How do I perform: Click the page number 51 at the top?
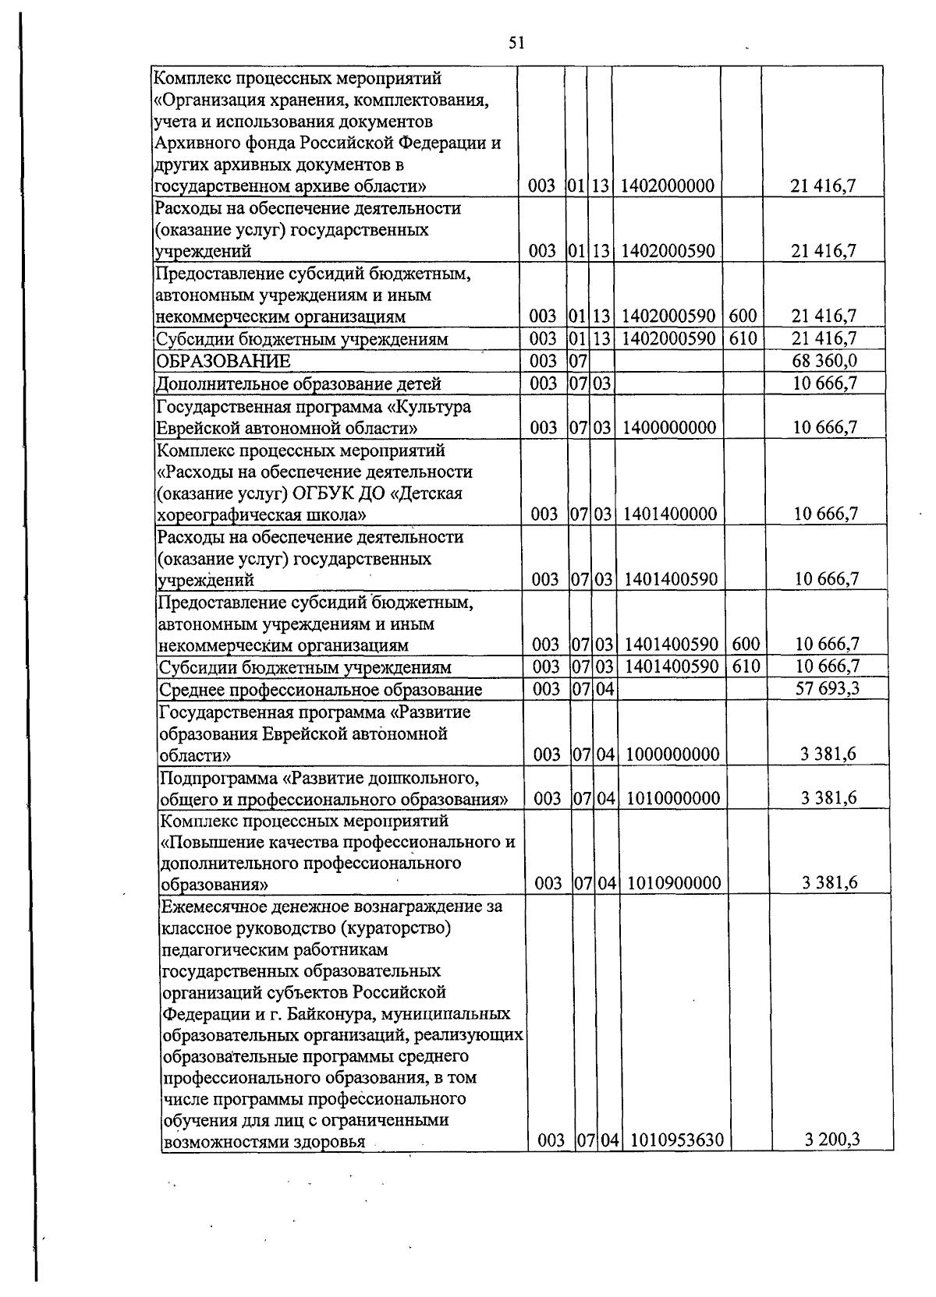[516, 44]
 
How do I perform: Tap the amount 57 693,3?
[828, 688]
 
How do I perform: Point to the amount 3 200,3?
[832, 1140]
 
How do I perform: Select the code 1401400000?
[669, 514]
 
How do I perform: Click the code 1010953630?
[676, 1140]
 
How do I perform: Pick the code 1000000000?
[672, 754]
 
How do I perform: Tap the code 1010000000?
[672, 798]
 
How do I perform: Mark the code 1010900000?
[673, 882]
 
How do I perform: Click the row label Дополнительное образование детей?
[298, 383]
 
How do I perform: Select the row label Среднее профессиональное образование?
[320, 690]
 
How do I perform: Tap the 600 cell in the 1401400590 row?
[746, 644]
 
